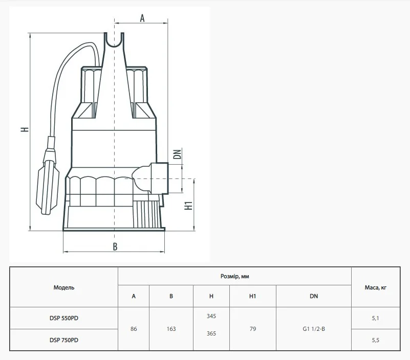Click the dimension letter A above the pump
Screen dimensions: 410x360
142,18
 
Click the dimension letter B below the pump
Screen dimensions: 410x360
115,246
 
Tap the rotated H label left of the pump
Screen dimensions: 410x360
25,129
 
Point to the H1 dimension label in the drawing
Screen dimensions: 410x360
188,206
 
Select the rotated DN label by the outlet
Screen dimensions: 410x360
177,154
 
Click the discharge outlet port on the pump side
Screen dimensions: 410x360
159,178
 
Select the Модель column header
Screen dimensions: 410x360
64,287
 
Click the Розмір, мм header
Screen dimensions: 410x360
234,276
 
